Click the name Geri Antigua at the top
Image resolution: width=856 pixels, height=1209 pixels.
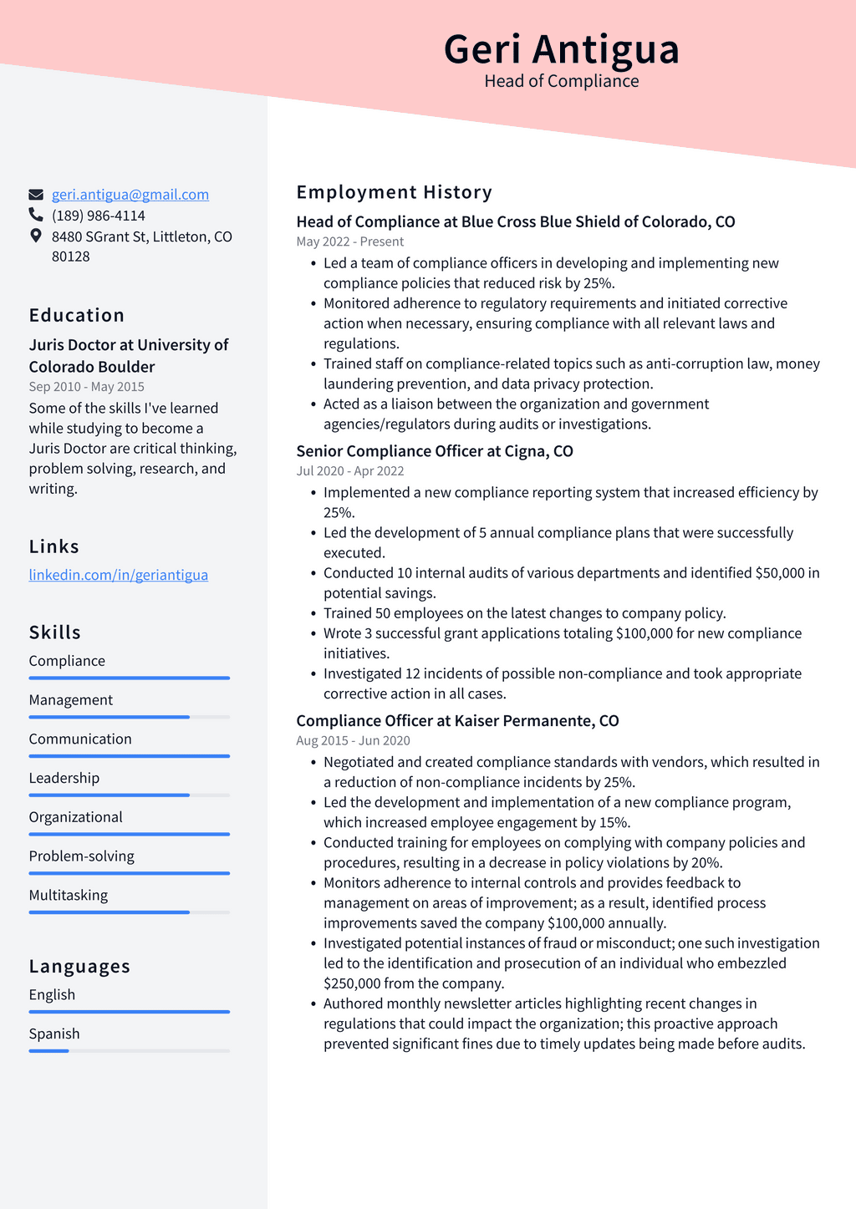[x=561, y=49]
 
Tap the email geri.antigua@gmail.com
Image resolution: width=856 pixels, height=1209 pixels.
[x=130, y=195]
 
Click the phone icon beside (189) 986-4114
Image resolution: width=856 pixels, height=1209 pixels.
[x=36, y=215]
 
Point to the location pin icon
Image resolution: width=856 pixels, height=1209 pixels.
[x=36, y=236]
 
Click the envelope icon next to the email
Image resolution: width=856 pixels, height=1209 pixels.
[x=36, y=195]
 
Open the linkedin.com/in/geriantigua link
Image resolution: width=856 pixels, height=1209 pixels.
[x=118, y=575]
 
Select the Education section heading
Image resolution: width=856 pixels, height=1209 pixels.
[x=76, y=315]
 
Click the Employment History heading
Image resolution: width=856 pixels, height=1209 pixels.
[x=394, y=192]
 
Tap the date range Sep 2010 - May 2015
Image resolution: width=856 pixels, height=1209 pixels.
[x=86, y=387]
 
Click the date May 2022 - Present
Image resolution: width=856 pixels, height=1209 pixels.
[x=349, y=241]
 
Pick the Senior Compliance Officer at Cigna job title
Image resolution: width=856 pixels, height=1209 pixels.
[x=434, y=451]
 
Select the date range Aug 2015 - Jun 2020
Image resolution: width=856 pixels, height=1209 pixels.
[x=353, y=740]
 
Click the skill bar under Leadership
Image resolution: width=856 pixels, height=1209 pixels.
[x=129, y=795]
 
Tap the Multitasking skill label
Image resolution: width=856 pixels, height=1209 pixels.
[x=69, y=895]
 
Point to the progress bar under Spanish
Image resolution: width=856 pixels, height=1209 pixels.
[x=129, y=1050]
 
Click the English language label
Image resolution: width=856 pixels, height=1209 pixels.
[x=52, y=994]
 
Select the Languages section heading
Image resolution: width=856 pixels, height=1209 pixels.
[x=79, y=966]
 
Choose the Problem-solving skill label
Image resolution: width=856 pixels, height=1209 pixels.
[x=81, y=856]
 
